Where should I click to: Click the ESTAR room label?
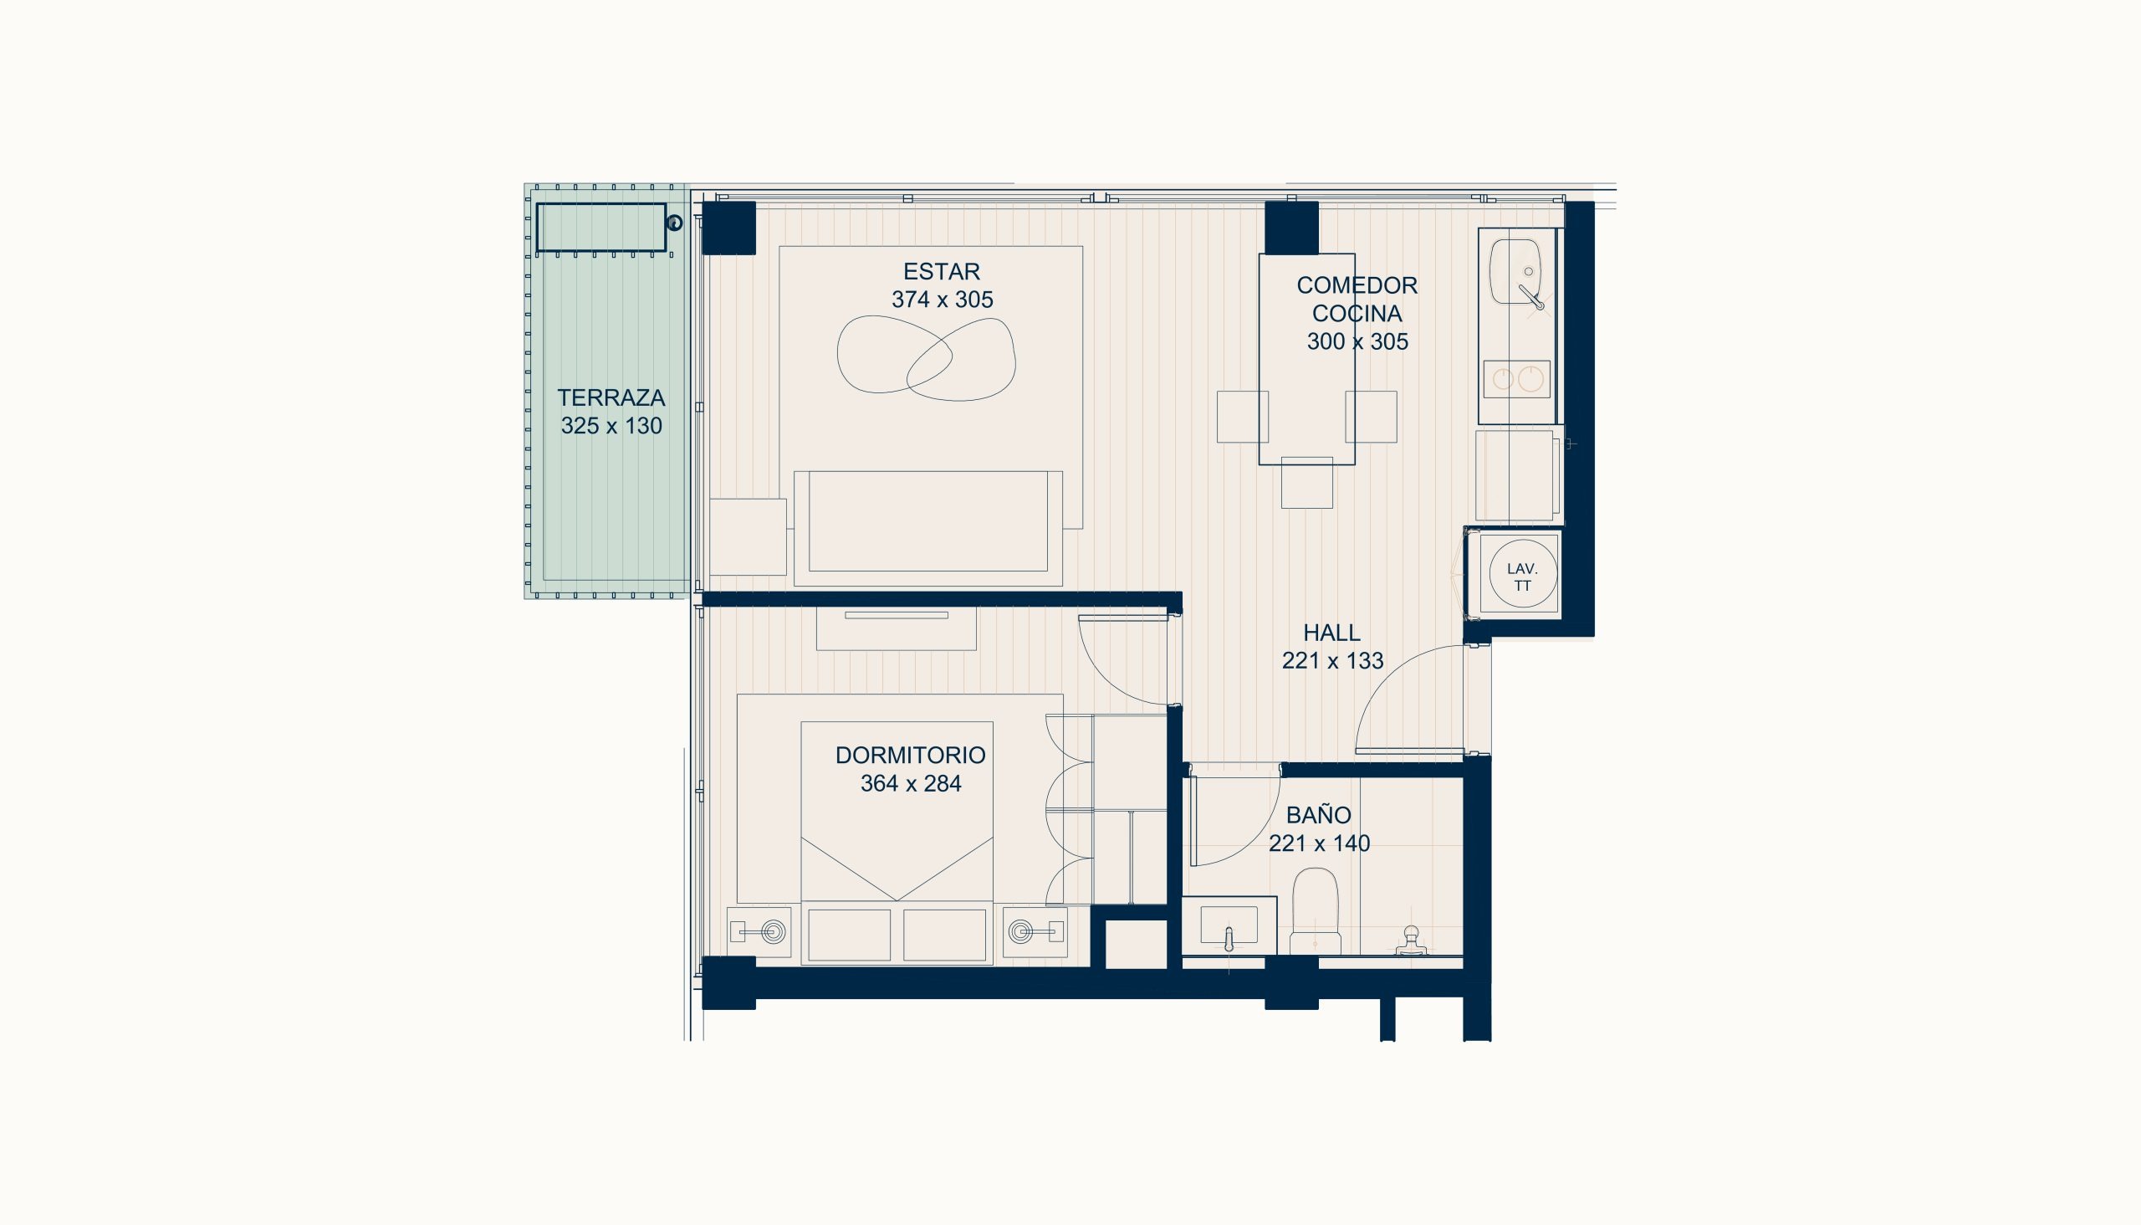tap(941, 272)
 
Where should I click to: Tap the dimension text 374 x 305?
tap(942, 300)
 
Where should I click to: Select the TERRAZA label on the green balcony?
tap(611, 398)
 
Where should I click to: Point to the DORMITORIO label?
tap(910, 756)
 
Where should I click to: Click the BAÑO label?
tap(1319, 814)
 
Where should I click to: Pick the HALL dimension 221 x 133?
tap(1332, 661)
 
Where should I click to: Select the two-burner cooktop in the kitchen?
tap(1516, 379)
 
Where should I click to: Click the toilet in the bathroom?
tap(1316, 911)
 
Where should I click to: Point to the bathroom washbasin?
tap(1229, 925)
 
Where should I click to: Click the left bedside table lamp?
tap(773, 931)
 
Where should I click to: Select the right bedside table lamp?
tap(1021, 931)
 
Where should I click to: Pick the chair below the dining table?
tap(1307, 483)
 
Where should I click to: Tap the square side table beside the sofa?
tap(748, 537)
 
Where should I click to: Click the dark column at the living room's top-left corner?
tap(728, 227)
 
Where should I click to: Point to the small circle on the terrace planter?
tap(673, 223)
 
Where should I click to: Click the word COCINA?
tap(1357, 314)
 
